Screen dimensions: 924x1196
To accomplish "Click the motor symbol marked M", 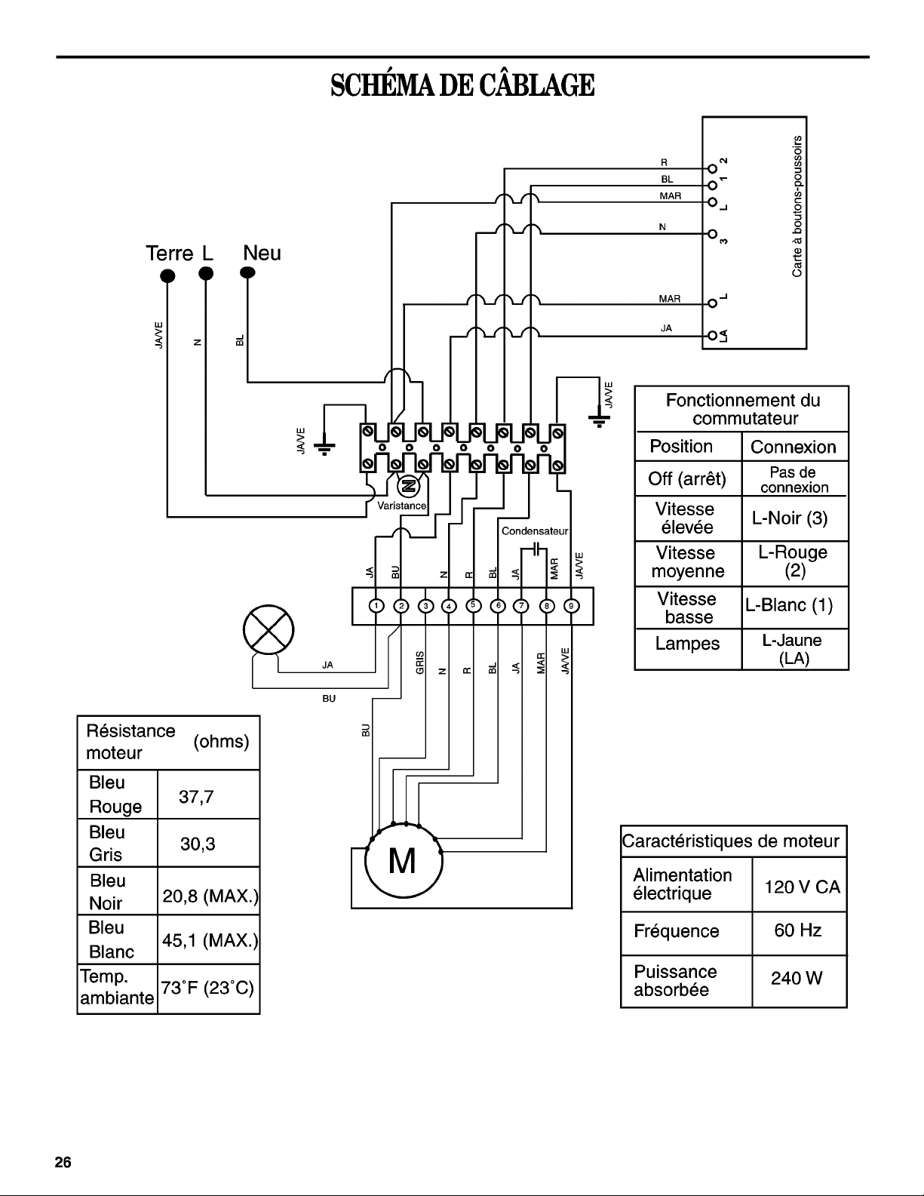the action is pos(403,862).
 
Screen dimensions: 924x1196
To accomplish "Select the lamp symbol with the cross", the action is pos(269,630).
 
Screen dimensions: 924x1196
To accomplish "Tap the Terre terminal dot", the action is pos(167,275).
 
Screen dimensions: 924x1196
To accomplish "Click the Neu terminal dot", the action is pos(247,272).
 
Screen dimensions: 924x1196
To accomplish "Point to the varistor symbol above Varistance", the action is pos(409,486).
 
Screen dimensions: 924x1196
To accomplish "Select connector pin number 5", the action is pos(473,605).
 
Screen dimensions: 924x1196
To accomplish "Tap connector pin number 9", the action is pos(572,606).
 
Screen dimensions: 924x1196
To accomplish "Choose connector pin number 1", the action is pos(376,606).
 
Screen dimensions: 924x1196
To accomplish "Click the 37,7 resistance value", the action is pos(196,796).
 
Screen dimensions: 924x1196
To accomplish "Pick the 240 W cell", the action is pos(797,978).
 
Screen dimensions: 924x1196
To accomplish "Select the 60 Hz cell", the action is pos(797,930).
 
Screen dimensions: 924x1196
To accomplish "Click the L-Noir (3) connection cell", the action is pos(790,518).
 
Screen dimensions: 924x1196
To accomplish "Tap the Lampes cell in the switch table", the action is pos(687,643).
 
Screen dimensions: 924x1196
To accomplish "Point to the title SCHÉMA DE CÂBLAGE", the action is pos(462,85).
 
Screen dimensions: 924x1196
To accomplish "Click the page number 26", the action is pos(63,1162).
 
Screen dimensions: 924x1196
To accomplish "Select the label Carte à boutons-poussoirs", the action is pos(797,207).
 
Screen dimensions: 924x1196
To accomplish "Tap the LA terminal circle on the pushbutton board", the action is pos(712,335).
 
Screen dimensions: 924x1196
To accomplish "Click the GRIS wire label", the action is pos(420,663).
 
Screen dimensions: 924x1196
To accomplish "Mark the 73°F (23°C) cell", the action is pos(207,988).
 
